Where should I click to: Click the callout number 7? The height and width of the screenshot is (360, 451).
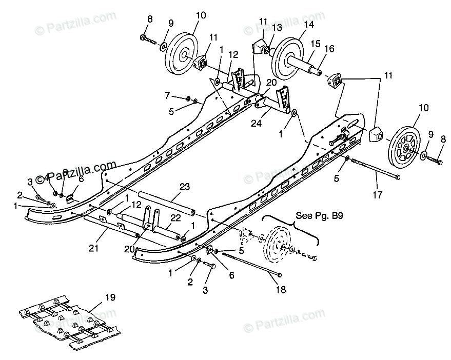click(168, 95)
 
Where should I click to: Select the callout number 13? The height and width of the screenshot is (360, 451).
click(278, 27)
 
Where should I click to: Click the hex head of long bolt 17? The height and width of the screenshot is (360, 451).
click(398, 177)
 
